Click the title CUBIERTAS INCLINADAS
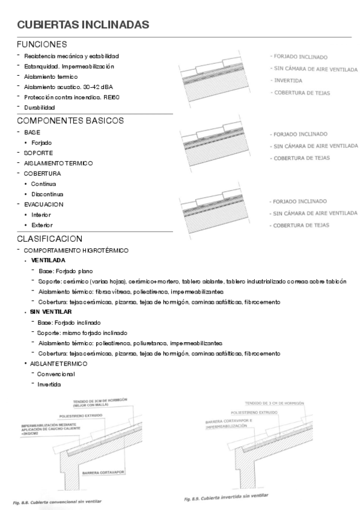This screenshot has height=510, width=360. coord(83,25)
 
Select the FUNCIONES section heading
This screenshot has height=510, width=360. coord(41,45)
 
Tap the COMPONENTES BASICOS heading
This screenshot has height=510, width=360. coord(70,120)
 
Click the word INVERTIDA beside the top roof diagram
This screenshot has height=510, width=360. coord(288,81)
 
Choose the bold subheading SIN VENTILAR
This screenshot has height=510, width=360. coord(51,312)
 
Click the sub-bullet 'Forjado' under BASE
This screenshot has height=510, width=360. coord(41,143)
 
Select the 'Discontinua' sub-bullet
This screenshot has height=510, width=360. coord(47,194)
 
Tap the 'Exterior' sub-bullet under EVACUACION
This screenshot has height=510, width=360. coord(42,225)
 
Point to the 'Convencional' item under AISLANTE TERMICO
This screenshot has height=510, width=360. coord(56,373)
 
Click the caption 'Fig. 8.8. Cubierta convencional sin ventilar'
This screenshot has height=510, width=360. coord(57,501)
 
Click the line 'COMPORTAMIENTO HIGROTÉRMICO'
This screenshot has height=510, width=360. coord(76,250)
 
